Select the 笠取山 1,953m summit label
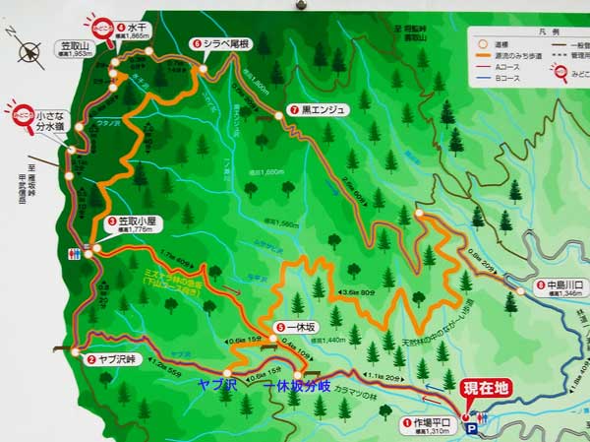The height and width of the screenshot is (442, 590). pos(75,48)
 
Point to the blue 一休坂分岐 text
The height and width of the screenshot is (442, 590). pos(304,385)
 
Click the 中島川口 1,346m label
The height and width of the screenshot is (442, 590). pos(561,288)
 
